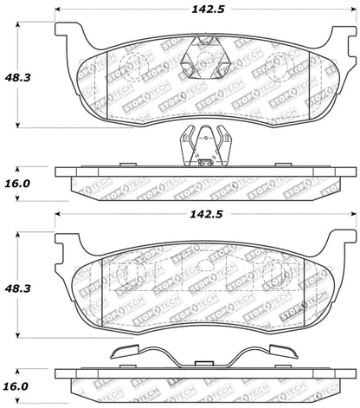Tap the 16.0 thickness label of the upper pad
click(x=17, y=184)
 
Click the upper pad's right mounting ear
click(x=341, y=36)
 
